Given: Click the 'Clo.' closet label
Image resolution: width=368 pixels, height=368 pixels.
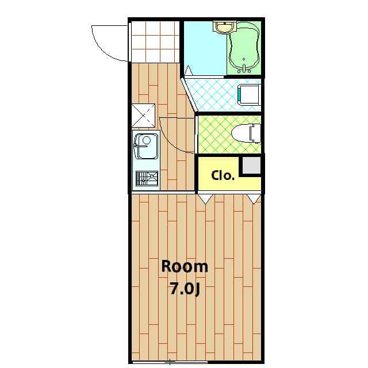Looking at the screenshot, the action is tap(223, 175).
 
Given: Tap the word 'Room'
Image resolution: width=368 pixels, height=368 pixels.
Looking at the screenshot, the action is tap(185, 267).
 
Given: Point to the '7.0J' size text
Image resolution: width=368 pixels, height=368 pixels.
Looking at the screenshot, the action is tap(185, 289).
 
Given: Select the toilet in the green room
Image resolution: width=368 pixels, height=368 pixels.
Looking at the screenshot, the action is tap(246, 133).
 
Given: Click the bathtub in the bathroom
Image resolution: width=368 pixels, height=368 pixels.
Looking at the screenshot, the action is tap(244, 47).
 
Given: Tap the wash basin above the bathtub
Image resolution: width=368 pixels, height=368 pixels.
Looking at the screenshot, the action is tap(225, 26).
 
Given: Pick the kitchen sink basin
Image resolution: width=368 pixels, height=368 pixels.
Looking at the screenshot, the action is tap(145, 146).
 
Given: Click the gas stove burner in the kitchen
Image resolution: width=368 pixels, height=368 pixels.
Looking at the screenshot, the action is tap(147, 179).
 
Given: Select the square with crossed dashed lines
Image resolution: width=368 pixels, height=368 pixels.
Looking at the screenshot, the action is tap(143, 116).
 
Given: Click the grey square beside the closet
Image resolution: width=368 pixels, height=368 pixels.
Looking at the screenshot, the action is tap(251, 166).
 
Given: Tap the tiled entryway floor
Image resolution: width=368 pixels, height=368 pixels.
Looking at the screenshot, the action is tap(155, 42).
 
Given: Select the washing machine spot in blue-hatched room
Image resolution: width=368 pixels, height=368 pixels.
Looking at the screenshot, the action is tap(250, 94).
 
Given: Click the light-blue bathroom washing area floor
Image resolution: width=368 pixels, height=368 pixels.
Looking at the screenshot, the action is tap(205, 48).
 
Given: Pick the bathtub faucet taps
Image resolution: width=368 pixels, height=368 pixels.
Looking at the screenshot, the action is tap(244, 69).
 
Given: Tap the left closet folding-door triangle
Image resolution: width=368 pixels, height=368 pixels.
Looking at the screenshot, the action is tap(206, 198).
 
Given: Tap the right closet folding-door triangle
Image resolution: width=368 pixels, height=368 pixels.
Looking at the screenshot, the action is tap(254, 198).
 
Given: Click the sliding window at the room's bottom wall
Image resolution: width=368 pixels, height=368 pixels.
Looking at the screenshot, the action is tap(170, 362).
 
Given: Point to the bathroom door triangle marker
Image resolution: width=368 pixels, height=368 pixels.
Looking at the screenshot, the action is tap(189, 70).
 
